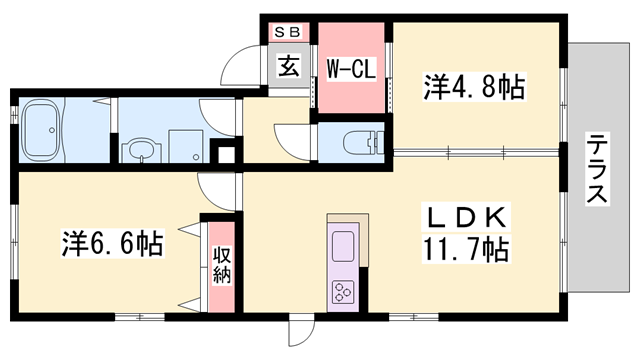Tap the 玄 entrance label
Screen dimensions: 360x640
click(288, 67)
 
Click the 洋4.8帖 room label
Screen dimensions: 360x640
click(476, 87)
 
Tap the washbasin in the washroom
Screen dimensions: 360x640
click(141, 151)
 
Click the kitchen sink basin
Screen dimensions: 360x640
click(342, 245)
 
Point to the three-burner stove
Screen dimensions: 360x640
click(342, 290)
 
